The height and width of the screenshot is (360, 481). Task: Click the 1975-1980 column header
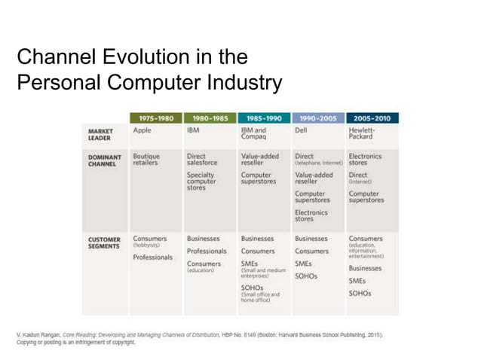[x=156, y=118]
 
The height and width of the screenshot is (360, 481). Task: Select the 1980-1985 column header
[x=210, y=118]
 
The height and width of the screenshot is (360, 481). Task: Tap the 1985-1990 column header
[x=264, y=118]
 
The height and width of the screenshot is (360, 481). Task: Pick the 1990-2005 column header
[x=318, y=118]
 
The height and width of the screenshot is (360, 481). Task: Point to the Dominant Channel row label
[x=104, y=160]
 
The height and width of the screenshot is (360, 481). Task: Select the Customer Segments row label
[x=104, y=243]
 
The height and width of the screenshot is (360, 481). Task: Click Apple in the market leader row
[x=142, y=130]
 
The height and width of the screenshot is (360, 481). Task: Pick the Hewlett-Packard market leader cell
[x=363, y=133]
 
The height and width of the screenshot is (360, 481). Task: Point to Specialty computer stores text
[x=201, y=181]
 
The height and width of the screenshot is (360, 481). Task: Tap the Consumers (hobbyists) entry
[x=150, y=242]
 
